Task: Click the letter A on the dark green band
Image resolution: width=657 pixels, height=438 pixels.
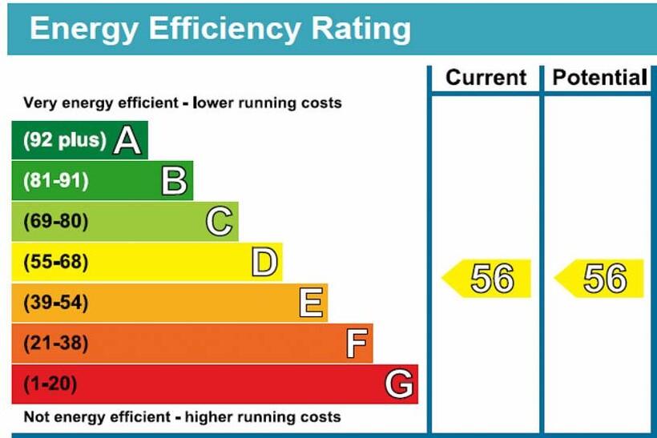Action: point(127,140)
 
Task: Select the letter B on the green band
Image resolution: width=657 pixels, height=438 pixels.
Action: point(174,181)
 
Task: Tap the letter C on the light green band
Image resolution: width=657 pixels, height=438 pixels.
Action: point(219,222)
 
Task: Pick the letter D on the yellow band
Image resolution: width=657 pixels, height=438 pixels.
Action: point(264,263)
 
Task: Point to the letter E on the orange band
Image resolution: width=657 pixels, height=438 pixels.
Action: point(311,303)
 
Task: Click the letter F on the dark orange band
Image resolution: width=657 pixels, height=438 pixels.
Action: point(357,344)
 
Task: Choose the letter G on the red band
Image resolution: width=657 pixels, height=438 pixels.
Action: point(399,385)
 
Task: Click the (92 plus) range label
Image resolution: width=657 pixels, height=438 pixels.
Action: point(64,140)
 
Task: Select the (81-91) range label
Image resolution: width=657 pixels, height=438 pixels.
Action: point(55,181)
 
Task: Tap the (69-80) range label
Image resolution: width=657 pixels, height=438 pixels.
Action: point(55,222)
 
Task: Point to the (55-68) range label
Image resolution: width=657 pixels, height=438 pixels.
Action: point(55,263)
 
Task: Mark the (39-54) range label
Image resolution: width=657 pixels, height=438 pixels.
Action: point(55,303)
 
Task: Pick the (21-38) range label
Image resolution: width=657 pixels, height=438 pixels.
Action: point(55,344)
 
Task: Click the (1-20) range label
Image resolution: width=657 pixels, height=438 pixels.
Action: point(50,385)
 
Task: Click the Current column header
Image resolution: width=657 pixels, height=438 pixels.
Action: point(486,78)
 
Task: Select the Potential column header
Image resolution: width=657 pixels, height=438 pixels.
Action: point(599,78)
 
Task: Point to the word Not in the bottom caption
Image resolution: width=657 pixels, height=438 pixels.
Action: point(35,417)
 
